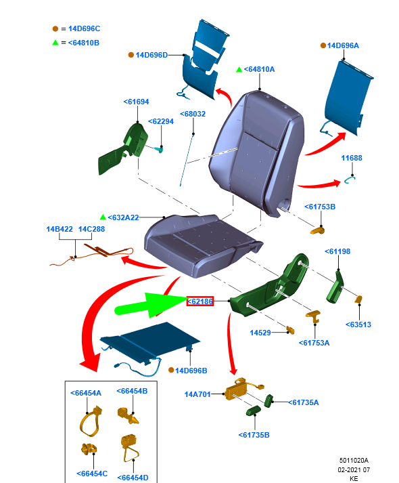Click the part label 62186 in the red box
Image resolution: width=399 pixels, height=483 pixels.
coord(200,301)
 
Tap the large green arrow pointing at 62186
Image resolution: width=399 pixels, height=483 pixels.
coord(151,306)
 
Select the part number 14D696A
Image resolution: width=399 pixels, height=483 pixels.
coord(343,45)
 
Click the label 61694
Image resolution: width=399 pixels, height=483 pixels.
coord(136,102)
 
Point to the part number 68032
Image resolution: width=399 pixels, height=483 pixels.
coord(193,114)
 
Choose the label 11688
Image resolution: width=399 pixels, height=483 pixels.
coord(352,158)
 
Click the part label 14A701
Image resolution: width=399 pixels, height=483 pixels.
coord(197,394)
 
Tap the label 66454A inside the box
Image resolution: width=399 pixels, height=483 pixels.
coord(86,393)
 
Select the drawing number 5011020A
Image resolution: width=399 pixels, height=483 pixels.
coord(354,460)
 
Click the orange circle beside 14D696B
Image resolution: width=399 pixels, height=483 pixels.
coord(171,370)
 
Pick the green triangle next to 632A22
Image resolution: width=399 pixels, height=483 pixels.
coord(103,217)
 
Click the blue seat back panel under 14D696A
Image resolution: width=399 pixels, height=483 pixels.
coord(348,98)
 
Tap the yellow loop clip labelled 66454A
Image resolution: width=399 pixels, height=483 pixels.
coord(90,421)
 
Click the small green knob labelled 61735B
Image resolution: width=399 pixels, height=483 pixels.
coord(254,411)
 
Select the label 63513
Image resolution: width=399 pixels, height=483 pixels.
coord(358,324)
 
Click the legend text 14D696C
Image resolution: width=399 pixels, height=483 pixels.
coord(85,28)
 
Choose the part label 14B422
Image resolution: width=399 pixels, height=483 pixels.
coord(60,229)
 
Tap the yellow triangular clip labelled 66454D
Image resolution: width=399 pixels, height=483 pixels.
coord(131,448)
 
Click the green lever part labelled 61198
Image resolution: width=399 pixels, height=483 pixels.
coord(335,287)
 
